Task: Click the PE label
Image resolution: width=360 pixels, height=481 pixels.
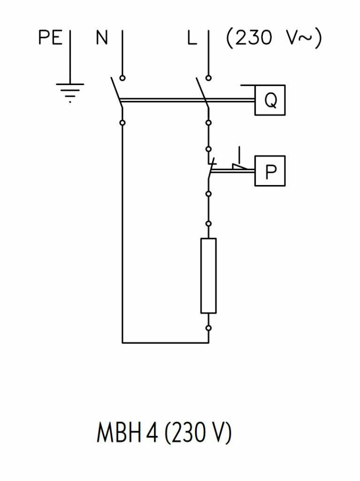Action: click(51, 38)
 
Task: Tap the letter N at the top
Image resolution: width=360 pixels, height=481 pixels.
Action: click(102, 38)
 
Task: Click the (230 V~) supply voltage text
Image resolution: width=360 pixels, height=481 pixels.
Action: click(274, 38)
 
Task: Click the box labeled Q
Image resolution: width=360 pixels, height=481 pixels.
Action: click(269, 100)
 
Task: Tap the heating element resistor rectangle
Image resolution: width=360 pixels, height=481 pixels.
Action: click(208, 275)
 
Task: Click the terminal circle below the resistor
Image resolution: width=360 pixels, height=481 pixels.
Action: click(208, 327)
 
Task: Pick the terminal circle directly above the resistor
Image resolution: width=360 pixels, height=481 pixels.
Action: click(208, 224)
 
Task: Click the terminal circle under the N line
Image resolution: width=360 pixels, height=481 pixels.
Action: click(123, 78)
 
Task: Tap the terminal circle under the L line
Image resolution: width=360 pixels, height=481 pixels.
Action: click(208, 78)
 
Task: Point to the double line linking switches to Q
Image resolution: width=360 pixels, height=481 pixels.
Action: click(188, 100)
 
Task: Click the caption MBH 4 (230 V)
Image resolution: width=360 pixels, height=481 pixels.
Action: click(164, 434)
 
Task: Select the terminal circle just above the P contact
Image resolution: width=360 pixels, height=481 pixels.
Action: click(208, 148)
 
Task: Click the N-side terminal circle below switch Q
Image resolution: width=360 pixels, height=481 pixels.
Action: click(123, 123)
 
